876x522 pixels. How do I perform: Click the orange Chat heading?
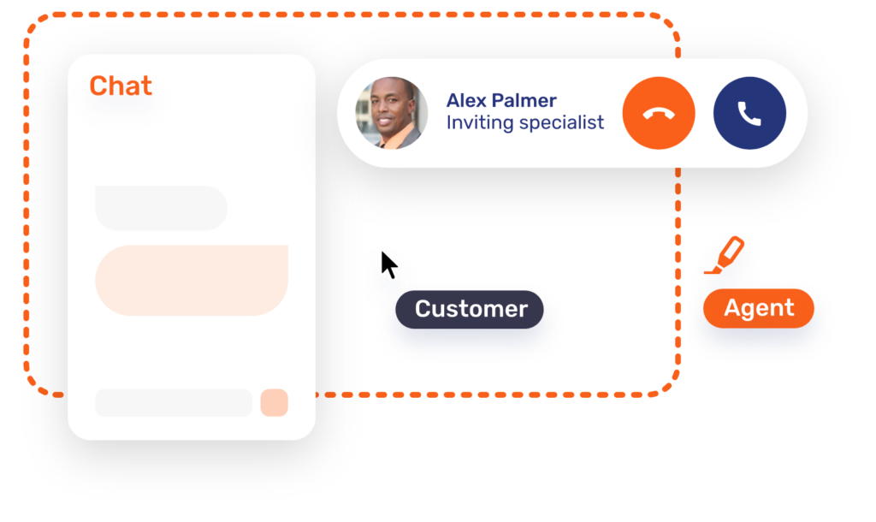pos(121,86)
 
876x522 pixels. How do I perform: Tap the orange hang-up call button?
pos(659,113)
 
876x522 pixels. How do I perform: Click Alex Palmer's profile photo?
pos(392,113)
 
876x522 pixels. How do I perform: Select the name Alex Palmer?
pos(501,100)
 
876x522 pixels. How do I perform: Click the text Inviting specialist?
pos(524,122)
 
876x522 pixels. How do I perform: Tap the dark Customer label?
pos(471,309)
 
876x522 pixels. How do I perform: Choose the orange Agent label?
pos(759,308)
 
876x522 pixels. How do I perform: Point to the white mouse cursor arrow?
pos(388,264)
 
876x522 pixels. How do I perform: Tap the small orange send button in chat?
pos(274,402)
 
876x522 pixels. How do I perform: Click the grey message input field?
pos(174,402)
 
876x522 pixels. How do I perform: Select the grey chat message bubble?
pos(161,208)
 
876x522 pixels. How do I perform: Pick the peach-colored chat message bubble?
pos(192,280)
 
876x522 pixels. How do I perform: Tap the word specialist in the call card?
pos(560,122)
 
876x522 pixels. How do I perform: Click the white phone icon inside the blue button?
pos(749,113)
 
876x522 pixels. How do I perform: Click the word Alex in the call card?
pos(466,100)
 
